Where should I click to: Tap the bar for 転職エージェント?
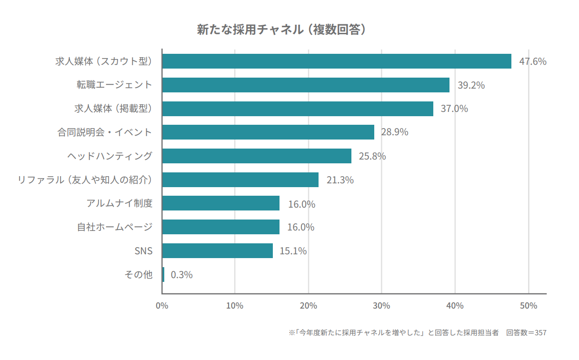pyautogui.click(x=305, y=85)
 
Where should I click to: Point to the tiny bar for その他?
pyautogui.click(x=163, y=275)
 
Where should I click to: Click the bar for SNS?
pyautogui.click(x=217, y=251)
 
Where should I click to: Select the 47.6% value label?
pyautogui.click(x=532, y=61)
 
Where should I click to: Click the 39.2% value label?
pyautogui.click(x=471, y=85)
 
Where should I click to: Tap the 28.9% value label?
pyautogui.click(x=394, y=132)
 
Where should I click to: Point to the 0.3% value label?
pyautogui.click(x=181, y=275)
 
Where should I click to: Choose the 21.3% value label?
pyautogui.click(x=339, y=180)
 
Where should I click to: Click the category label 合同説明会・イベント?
pyautogui.click(x=105, y=132)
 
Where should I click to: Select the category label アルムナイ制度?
pyautogui.click(x=120, y=203)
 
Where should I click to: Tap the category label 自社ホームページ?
pyautogui.click(x=115, y=227)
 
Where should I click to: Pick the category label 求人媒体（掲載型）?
pyautogui.click(x=113, y=109)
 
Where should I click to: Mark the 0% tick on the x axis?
pyautogui.click(x=162, y=306)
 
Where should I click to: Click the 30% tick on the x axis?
pyautogui.click(x=382, y=306)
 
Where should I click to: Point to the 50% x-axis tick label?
pyautogui.click(x=529, y=306)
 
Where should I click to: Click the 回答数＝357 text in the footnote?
pyautogui.click(x=526, y=333)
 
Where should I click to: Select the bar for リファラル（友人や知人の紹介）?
pyautogui.click(x=240, y=180)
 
